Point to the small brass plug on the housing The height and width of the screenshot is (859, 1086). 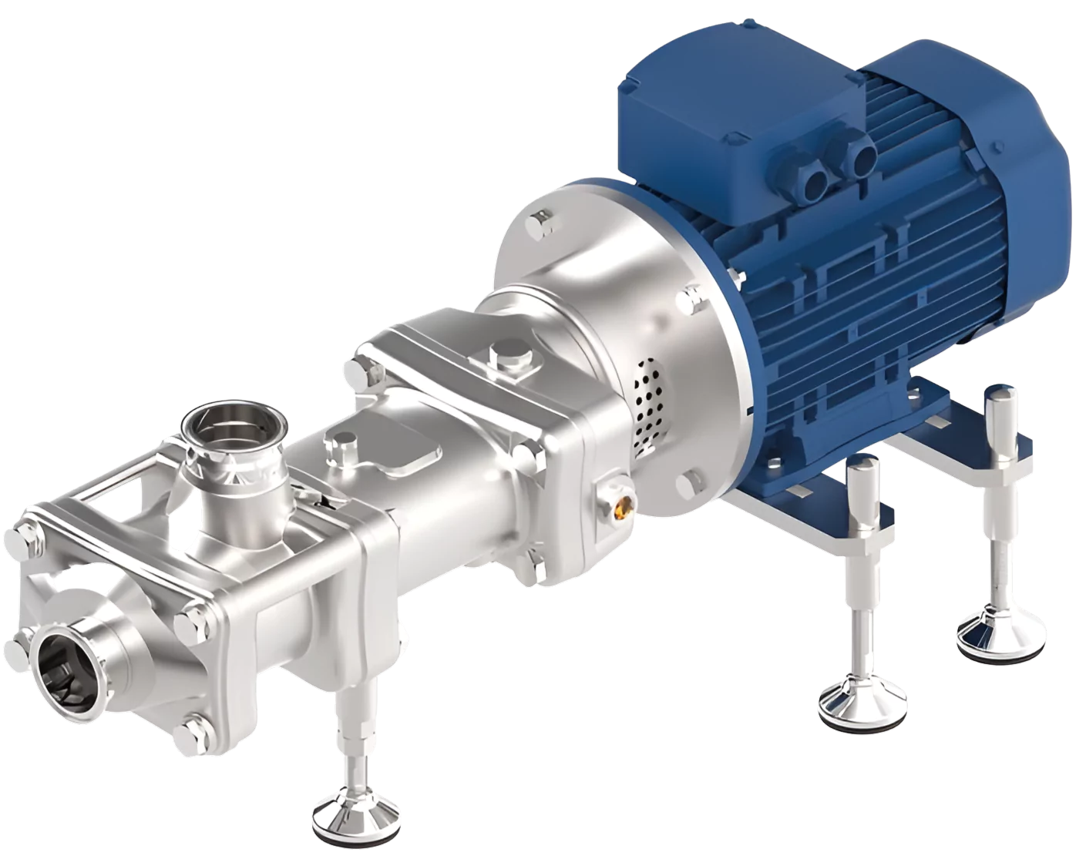coord(623,505)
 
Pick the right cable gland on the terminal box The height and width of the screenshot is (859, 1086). coord(860,157)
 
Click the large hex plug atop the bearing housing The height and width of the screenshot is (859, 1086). coord(509,359)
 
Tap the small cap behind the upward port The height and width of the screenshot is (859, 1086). coord(338,445)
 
